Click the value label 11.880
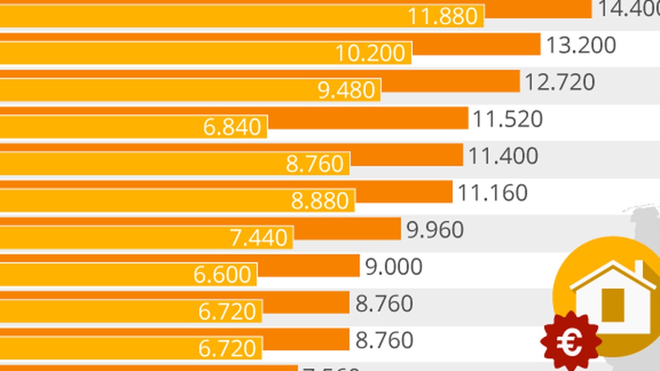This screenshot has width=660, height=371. click(443, 16)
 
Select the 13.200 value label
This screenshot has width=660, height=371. click(581, 45)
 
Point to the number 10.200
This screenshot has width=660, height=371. click(370, 54)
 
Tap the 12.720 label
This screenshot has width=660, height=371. click(559, 82)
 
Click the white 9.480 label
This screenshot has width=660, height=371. click(346, 91)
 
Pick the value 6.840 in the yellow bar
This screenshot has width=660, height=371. click(232, 127)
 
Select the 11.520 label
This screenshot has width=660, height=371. click(507, 120)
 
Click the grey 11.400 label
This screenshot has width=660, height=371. click(503, 156)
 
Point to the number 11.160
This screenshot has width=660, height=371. click(492, 193)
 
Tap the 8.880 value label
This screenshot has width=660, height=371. click(320, 201)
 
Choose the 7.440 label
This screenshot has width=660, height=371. click(258, 238)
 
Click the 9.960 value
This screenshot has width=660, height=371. click(435, 230)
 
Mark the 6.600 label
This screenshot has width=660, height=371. click(222, 275)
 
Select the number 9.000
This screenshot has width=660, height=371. click(394, 267)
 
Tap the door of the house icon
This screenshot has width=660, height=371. click(613, 305)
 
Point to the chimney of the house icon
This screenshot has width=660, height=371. click(639, 268)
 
